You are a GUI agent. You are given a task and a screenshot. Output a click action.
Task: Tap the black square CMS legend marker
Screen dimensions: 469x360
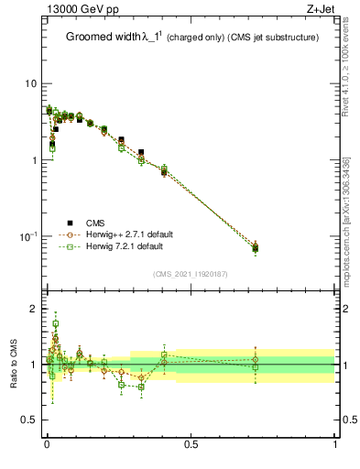point(69,223)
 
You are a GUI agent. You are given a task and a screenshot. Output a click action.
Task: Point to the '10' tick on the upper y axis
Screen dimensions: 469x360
point(29,83)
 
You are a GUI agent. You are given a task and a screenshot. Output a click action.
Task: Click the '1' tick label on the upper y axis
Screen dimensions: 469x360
point(33,160)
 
